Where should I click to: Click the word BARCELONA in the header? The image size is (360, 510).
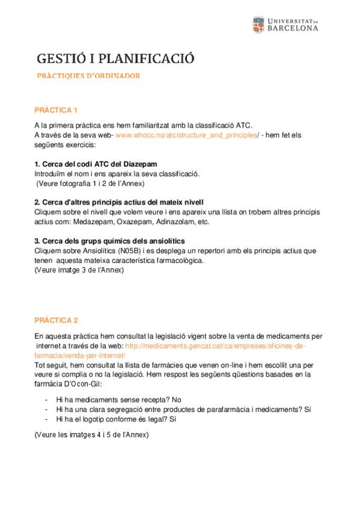point(292,28)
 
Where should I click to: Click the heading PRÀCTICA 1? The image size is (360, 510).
point(56,111)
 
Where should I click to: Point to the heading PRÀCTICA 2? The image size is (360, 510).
point(56,321)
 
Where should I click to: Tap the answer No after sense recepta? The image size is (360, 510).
point(175,400)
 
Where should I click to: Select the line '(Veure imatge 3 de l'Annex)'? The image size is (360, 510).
point(79,270)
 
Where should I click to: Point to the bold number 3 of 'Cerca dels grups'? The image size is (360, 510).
point(37,241)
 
